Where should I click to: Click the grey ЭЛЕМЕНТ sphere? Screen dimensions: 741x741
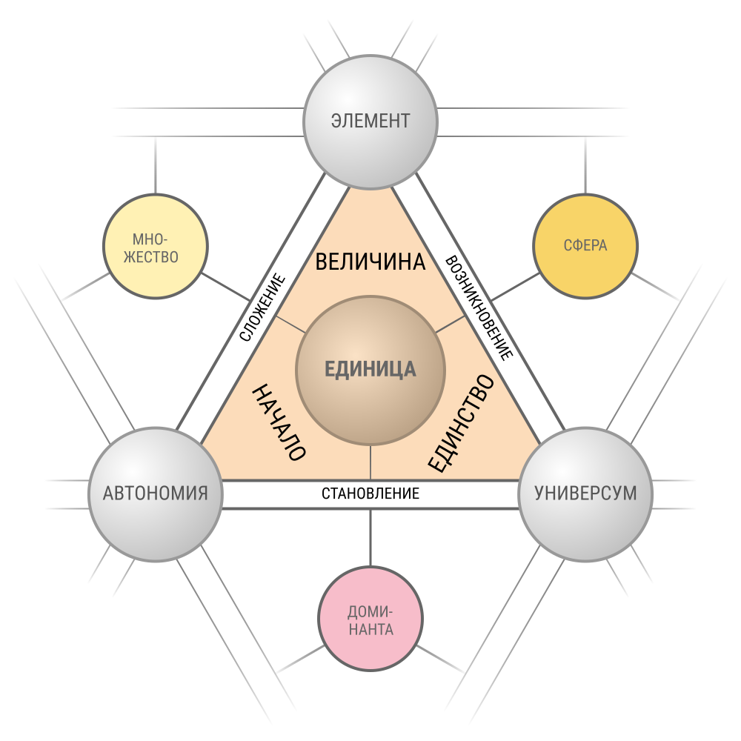coord(370,122)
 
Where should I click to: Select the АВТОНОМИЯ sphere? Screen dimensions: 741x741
coord(156,494)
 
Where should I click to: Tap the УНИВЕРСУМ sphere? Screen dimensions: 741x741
coord(585,494)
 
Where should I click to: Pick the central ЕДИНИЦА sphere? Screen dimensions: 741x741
coord(370,370)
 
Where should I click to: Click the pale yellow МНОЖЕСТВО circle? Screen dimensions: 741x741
coord(156,246)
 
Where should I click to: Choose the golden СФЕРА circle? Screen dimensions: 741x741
coord(585,246)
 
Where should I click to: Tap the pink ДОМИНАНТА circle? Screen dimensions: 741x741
coord(370,619)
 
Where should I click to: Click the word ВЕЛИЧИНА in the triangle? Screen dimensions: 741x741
coord(370,262)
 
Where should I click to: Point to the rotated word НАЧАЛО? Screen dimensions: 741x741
coord(279,422)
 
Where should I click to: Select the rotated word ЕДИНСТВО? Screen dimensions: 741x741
coord(462,422)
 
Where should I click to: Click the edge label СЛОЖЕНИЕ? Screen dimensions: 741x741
coord(263,308)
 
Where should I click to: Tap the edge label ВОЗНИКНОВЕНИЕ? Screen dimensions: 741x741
coord(478,308)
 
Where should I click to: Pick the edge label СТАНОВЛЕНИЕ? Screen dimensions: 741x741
coord(370,494)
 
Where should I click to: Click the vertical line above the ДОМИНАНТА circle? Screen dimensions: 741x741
coord(370,537)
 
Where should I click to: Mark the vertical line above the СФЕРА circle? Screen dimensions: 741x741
coord(585,165)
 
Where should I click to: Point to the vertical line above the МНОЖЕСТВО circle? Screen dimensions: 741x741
coord(156,165)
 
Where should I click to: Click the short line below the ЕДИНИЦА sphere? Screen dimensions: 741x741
coord(370,462)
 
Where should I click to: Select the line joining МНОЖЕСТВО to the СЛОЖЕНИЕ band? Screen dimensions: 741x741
coord(226,287)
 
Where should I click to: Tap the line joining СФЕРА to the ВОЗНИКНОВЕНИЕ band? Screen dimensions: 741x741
coord(515,287)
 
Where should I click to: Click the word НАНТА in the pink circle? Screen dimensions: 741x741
coord(371,630)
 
